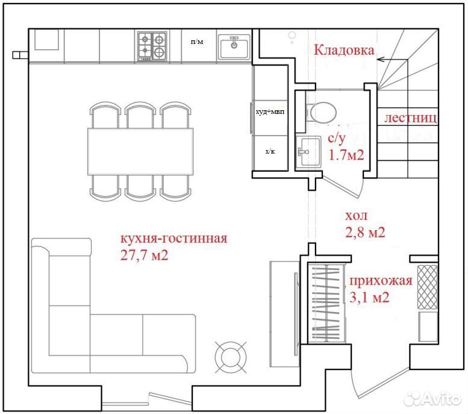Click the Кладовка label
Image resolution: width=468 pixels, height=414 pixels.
coord(344,50)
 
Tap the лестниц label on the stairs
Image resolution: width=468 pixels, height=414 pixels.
coord(411,118)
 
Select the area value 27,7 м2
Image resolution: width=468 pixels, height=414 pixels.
coord(144,255)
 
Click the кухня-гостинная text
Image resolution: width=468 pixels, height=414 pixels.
coord(173,239)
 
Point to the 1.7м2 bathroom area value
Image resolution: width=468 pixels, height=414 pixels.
coord(346,155)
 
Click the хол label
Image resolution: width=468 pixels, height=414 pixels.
coord(356,216)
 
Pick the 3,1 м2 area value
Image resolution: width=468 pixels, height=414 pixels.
coord(369,298)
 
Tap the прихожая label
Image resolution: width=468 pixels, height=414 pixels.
coord(381,281)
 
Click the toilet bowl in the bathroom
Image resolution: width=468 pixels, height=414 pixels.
coord(321,113)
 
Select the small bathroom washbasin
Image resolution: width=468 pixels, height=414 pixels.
coord(309,151)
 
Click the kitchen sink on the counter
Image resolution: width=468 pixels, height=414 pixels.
coord(234,46)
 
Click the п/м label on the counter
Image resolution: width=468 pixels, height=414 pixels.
coord(197,42)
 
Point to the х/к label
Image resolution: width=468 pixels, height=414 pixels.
coord(270,151)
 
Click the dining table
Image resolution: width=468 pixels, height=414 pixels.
coord(140,151)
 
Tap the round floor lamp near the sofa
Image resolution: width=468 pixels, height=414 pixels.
coord(231,357)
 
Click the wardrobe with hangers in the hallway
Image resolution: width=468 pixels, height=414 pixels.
coord(326,303)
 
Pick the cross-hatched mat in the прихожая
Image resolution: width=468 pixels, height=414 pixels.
coord(427,287)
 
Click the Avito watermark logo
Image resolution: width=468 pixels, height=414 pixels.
coord(432,398)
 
